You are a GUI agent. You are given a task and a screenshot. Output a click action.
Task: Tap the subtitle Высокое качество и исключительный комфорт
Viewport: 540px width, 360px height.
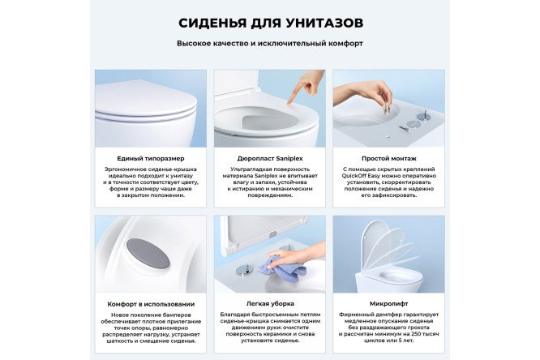click(270, 43)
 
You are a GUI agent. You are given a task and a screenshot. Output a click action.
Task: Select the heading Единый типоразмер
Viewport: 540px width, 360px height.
click(151, 158)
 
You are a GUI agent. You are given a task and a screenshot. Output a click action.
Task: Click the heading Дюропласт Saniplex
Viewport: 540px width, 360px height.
click(269, 158)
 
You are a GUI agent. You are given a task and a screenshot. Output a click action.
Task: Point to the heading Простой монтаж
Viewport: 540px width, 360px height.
click(388, 158)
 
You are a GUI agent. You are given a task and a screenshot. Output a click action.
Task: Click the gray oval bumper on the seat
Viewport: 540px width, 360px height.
click(148, 253)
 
